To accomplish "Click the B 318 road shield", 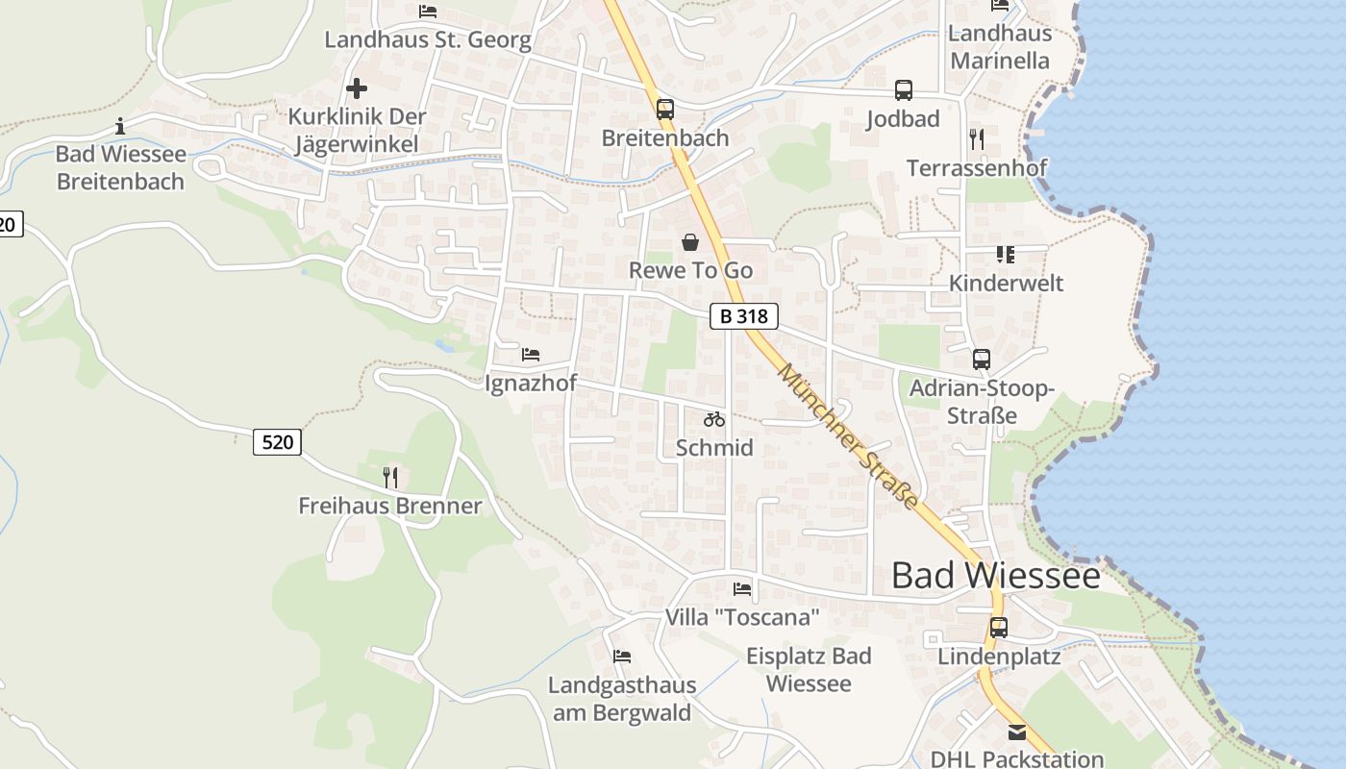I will click(743, 315).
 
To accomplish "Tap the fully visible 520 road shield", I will click(278, 441).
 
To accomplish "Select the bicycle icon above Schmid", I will click(713, 419).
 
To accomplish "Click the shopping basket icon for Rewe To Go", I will click(690, 241).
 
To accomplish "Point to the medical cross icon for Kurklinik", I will click(357, 88).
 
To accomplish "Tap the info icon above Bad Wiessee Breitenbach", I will click(120, 126).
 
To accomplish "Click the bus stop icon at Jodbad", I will click(903, 90).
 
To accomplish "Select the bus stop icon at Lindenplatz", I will click(999, 628).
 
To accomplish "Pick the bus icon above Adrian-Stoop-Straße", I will click(981, 360).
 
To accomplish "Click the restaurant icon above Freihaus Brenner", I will click(390, 477).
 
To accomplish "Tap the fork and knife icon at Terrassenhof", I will click(977, 138).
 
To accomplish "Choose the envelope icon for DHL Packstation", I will click(1017, 732).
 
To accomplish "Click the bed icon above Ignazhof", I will click(531, 355).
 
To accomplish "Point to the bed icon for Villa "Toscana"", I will click(742, 588).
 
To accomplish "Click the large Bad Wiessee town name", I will click(995, 575).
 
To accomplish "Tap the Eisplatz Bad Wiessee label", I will click(809, 669).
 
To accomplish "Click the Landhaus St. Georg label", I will click(427, 39).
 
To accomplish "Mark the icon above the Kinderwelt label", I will click(1006, 255).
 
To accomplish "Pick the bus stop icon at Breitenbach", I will click(664, 109).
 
